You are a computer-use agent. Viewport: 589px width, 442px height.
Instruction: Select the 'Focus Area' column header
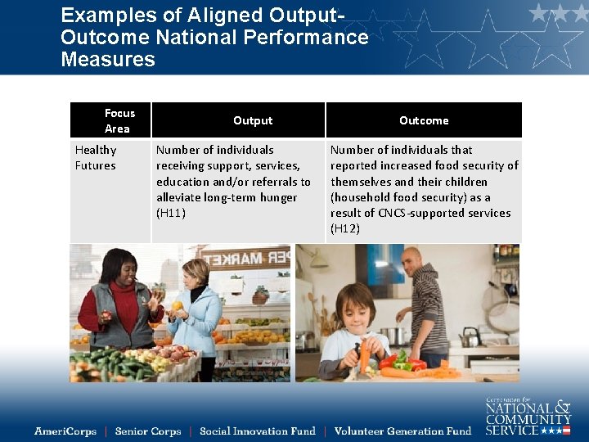(119, 120)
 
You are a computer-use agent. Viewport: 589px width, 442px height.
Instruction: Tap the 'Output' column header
(253, 120)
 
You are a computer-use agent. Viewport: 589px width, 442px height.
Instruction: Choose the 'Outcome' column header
(424, 120)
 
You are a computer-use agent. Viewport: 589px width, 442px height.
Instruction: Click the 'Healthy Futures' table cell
(96, 157)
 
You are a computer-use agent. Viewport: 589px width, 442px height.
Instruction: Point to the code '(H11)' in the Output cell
(171, 213)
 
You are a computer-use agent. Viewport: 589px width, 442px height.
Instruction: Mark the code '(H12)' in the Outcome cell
(344, 228)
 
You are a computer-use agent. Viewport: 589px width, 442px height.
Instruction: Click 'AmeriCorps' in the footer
(65, 431)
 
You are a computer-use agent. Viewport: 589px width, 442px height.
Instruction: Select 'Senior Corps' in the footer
(148, 431)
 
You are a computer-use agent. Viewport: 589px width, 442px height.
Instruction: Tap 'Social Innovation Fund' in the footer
(257, 431)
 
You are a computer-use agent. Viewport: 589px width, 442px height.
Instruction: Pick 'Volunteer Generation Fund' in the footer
(402, 431)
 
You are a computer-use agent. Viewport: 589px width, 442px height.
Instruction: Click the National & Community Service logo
(528, 417)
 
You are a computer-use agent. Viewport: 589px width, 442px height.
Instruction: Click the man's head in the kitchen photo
(411, 261)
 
